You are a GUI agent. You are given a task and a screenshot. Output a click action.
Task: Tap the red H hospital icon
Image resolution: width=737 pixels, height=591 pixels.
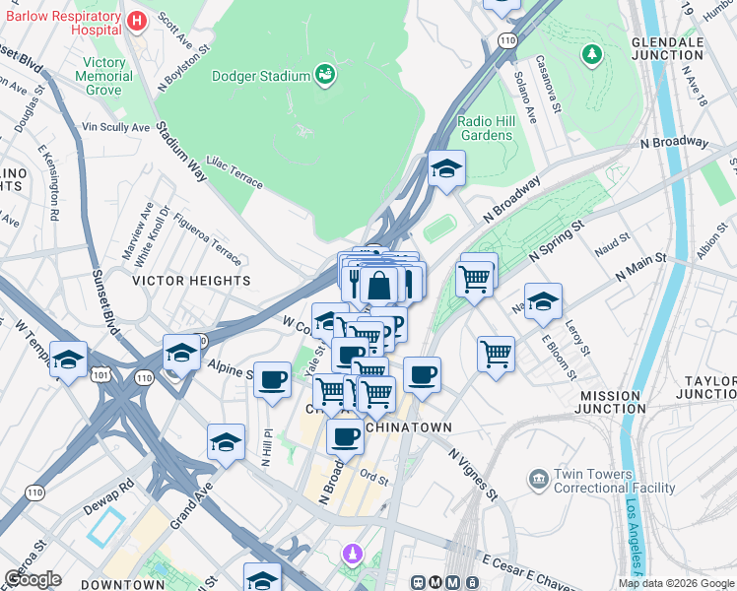(137, 21)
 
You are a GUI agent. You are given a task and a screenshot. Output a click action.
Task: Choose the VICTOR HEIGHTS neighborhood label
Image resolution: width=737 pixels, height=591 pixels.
(192, 281)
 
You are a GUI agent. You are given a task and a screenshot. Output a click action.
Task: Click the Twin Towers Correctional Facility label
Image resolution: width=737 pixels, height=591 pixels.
(615, 481)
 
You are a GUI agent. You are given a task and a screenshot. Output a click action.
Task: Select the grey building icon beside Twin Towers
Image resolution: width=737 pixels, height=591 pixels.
(538, 480)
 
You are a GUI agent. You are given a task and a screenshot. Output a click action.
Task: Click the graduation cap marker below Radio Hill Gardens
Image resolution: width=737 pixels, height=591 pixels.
(446, 169)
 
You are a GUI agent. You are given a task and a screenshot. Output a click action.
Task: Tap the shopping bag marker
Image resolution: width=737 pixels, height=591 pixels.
(378, 287)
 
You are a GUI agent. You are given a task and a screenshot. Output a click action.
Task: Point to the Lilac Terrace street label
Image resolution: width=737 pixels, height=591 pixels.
(234, 175)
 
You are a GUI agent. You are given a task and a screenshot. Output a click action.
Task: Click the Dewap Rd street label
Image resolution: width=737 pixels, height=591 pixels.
(113, 488)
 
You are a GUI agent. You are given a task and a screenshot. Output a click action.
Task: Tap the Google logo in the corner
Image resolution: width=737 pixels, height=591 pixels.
(33, 579)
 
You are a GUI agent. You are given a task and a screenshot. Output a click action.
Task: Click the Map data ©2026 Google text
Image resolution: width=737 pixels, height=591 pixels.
(676, 583)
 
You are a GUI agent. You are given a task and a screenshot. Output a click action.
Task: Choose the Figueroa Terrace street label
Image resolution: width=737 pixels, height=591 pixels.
(208, 241)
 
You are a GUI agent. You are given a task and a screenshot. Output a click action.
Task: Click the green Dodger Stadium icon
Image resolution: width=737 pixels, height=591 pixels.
(324, 73)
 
